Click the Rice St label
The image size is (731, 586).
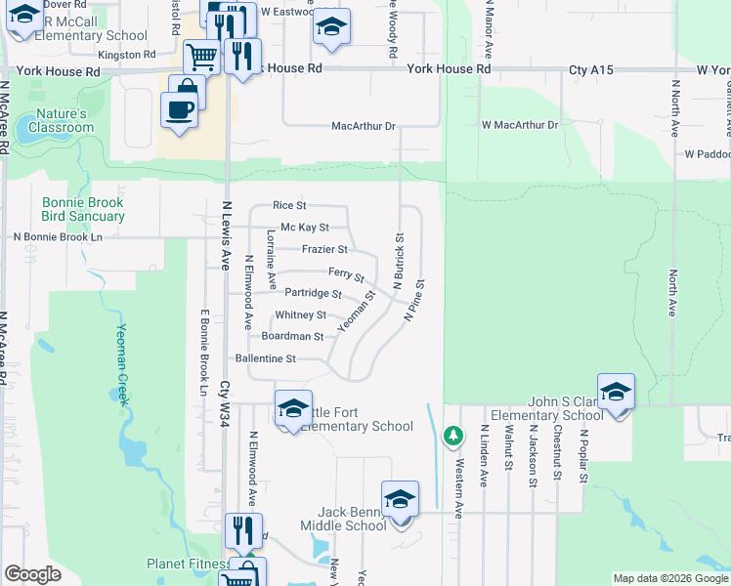tap(289, 206)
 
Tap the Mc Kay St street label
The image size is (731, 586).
tap(304, 228)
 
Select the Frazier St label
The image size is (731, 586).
tap(324, 249)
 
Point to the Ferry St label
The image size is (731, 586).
tap(346, 274)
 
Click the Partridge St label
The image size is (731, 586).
tap(313, 293)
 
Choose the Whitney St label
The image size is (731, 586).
tap(300, 315)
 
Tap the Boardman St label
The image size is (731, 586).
tap(292, 336)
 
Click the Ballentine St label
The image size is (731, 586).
tap(263, 359)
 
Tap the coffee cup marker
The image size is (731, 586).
tap(178, 107)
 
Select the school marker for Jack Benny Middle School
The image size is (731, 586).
tap(400, 499)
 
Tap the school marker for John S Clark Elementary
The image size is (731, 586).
tap(616, 392)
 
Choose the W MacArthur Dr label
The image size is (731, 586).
tap(519, 125)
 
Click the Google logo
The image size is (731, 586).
tap(32, 574)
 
